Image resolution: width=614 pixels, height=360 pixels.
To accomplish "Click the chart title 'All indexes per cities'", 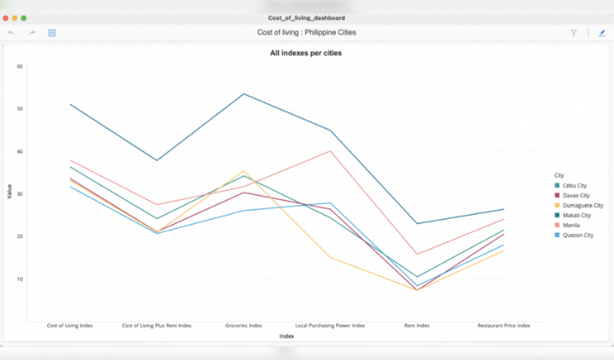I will (x=305, y=53).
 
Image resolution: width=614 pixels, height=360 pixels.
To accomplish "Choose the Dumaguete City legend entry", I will (x=578, y=205).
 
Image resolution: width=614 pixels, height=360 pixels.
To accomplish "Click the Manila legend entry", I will (x=570, y=225).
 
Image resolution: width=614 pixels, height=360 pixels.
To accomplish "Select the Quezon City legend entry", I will (x=577, y=235).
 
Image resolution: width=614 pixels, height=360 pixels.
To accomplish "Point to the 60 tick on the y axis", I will (x=20, y=66).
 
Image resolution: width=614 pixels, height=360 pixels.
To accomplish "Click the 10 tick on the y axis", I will (x=20, y=279).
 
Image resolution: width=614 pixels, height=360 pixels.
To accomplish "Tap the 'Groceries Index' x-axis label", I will (x=244, y=326).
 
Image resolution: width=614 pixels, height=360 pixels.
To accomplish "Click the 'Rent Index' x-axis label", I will (x=417, y=326).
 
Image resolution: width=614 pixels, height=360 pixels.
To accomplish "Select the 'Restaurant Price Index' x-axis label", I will (x=504, y=326).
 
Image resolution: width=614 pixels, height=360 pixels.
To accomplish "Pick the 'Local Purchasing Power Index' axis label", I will (x=330, y=326).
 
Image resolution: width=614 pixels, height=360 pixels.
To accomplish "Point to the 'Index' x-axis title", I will (x=286, y=336).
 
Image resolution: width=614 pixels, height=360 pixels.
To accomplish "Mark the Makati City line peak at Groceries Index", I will (x=244, y=94).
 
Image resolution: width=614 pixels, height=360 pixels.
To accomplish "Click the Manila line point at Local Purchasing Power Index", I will (x=330, y=151).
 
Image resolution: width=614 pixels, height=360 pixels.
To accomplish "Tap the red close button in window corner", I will (x=6, y=17).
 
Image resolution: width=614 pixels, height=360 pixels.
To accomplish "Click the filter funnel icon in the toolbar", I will (x=573, y=32).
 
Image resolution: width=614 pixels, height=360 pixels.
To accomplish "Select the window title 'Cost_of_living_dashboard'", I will (x=306, y=17).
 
